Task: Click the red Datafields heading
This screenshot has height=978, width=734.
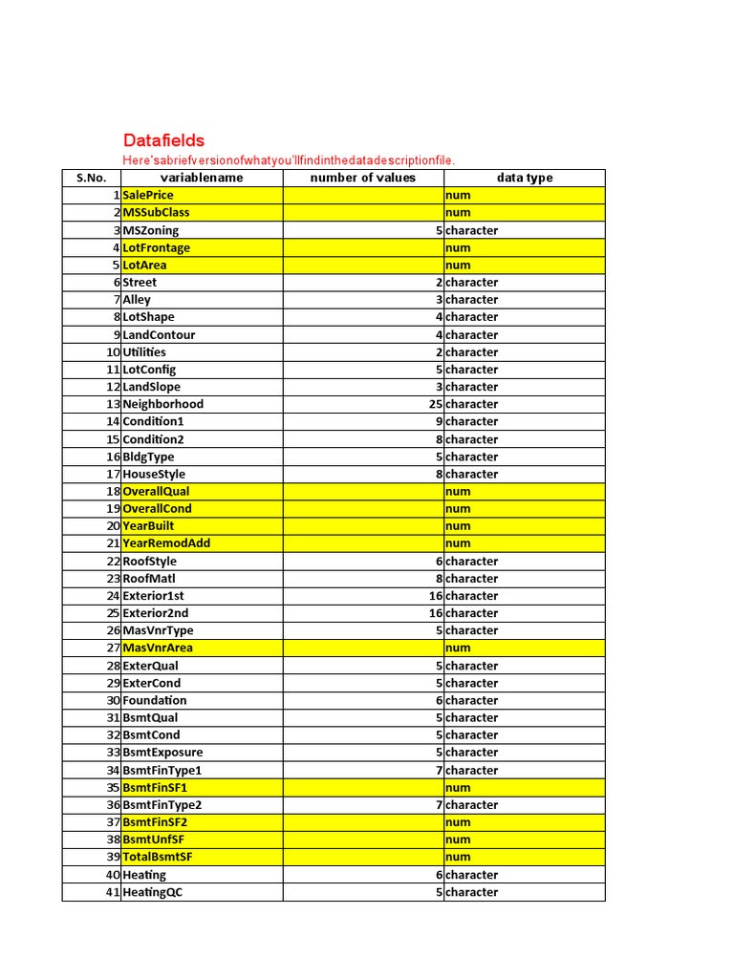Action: [x=163, y=140]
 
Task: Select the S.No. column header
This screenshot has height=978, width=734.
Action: [x=91, y=178]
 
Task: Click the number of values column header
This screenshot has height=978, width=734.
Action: [x=363, y=178]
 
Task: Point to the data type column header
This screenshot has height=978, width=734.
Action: [x=524, y=178]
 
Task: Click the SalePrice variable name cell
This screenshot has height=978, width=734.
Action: [x=148, y=195]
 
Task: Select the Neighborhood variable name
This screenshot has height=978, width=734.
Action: [x=162, y=404]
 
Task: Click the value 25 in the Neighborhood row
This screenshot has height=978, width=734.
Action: [x=436, y=404]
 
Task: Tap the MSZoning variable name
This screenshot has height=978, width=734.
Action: [x=150, y=230]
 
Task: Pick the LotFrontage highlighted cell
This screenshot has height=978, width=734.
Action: [x=156, y=247]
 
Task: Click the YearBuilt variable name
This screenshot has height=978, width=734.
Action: [x=148, y=525]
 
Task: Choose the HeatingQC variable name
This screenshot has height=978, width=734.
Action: [x=151, y=892]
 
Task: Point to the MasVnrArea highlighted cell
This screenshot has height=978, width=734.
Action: [x=158, y=648]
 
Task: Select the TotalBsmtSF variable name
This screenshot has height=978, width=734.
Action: [x=158, y=857]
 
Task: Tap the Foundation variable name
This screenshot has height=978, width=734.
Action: [x=155, y=700]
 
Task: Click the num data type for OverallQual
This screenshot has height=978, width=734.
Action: [x=458, y=491]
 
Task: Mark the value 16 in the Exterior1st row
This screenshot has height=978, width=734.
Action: [x=436, y=596]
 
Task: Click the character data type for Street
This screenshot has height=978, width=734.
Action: [x=471, y=283]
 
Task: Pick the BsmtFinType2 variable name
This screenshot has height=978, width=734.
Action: [x=162, y=805]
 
